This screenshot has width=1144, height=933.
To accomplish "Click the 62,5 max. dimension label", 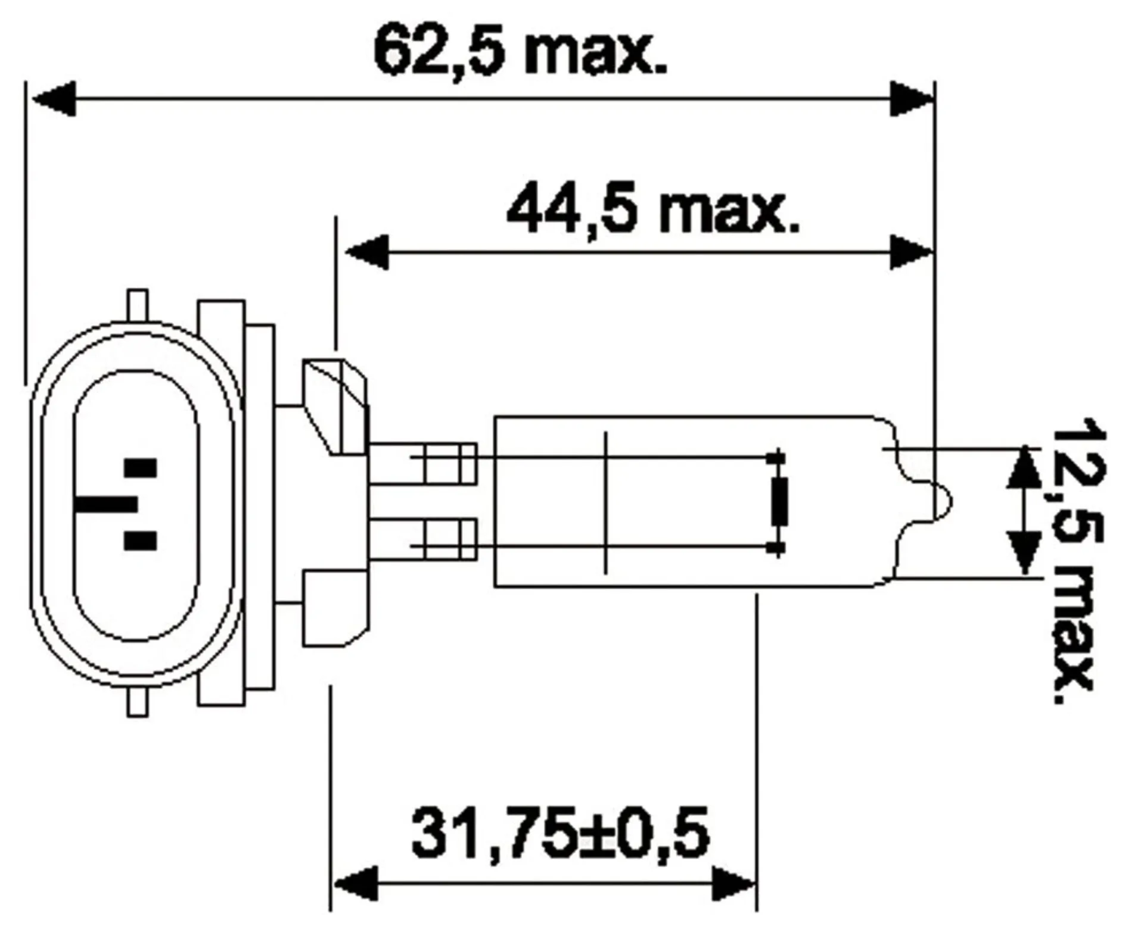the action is tap(520, 52).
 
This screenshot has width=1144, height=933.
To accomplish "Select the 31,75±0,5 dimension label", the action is tap(561, 832).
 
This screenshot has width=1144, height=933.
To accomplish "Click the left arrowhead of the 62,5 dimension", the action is tap(54, 98).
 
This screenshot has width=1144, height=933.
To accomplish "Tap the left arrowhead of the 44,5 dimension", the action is tap(367, 252).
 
